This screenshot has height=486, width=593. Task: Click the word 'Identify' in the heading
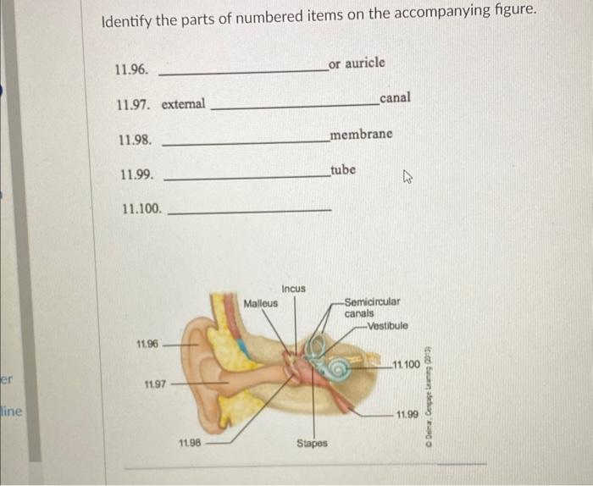pyautogui.click(x=125, y=21)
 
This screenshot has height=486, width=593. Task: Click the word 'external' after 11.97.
pyautogui.click(x=183, y=104)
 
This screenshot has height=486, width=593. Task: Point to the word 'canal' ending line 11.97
pyautogui.click(x=396, y=98)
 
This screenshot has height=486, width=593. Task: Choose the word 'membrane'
pyautogui.click(x=362, y=135)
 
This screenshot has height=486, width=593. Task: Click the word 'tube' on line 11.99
pyautogui.click(x=343, y=169)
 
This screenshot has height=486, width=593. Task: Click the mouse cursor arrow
pyautogui.click(x=407, y=178)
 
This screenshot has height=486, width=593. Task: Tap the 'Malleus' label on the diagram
pyautogui.click(x=260, y=303)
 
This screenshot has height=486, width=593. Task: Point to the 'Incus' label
pyautogui.click(x=294, y=289)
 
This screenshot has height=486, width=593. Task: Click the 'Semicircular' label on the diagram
pyautogui.click(x=373, y=302)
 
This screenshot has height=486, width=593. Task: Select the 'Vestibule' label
pyautogui.click(x=388, y=326)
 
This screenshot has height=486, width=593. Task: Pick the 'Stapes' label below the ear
pyautogui.click(x=311, y=444)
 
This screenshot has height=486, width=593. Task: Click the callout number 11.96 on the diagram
pyautogui.click(x=147, y=345)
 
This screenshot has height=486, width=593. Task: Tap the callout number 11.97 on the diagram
pyautogui.click(x=154, y=385)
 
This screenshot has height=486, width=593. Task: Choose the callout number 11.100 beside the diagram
pyautogui.click(x=407, y=365)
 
